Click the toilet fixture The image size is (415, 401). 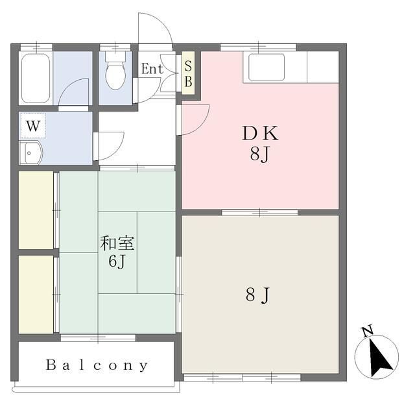(115, 71)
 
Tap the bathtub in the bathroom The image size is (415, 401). (36, 78)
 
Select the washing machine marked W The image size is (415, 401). (33, 125)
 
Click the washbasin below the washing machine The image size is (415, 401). (31, 153)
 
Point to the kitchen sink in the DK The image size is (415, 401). (267, 67)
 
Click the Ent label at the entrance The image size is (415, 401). (152, 69)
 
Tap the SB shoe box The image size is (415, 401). (188, 73)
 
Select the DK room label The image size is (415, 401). (260, 133)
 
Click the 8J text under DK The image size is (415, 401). (259, 154)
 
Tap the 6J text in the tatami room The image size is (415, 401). (117, 261)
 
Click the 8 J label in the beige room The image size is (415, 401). (257, 295)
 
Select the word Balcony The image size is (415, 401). (97, 365)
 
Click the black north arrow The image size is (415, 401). (379, 358)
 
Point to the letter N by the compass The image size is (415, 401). (368, 331)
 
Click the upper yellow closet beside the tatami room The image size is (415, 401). (36, 210)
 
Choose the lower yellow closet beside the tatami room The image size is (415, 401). (36, 295)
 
